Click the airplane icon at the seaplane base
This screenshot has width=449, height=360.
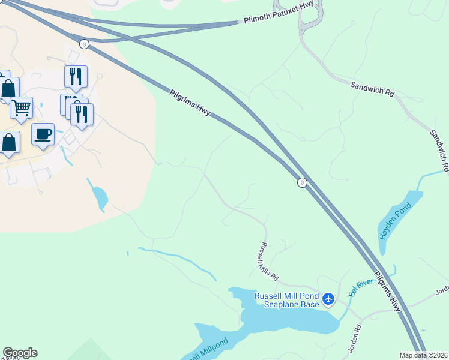328,298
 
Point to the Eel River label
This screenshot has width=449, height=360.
361,288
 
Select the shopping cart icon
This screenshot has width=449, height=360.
21,108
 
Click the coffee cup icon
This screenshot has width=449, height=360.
43,134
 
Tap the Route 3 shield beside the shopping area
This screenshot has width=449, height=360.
84,44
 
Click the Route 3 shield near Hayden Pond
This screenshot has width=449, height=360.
302,182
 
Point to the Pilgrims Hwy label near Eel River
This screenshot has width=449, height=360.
387,291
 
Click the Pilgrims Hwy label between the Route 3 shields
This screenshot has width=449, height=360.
190,103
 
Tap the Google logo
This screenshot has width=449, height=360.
20,353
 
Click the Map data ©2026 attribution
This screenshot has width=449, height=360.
424,355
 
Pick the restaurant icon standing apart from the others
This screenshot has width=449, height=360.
76,76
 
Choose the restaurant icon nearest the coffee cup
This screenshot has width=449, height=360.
82,113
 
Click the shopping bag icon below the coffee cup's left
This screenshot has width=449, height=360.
8,143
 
